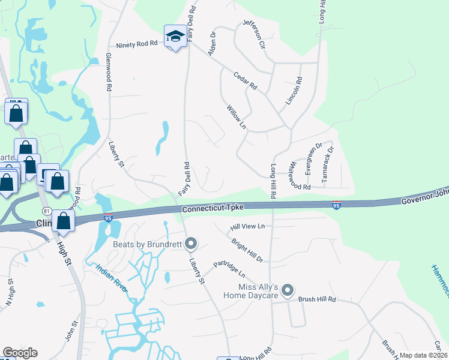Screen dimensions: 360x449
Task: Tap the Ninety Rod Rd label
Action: click(x=137, y=44)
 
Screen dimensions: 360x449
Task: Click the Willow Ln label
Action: click(x=237, y=117)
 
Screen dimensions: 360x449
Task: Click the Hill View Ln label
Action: click(x=248, y=227)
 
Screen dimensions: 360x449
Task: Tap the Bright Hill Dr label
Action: click(x=247, y=250)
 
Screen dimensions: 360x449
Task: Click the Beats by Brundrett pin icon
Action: click(x=191, y=244)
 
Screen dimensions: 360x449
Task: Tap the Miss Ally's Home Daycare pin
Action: click(x=288, y=291)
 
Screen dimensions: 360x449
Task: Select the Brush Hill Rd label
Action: click(x=317, y=299)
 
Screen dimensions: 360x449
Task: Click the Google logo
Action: click(x=20, y=353)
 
